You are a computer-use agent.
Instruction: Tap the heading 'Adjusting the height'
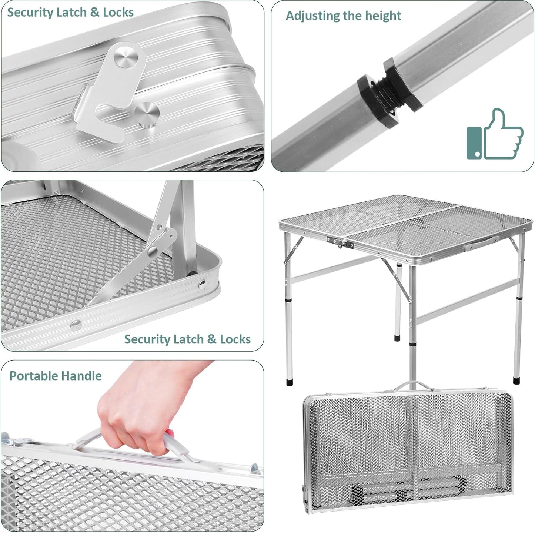pyautogui.click(x=343, y=16)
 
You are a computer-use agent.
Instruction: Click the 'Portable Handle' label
pyautogui.click(x=56, y=376)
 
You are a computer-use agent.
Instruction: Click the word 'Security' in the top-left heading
pyautogui.click(x=30, y=12)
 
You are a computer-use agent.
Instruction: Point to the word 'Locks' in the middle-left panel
pyautogui.click(x=235, y=339)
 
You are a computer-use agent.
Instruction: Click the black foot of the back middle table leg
pyautogui.click(x=397, y=338)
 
